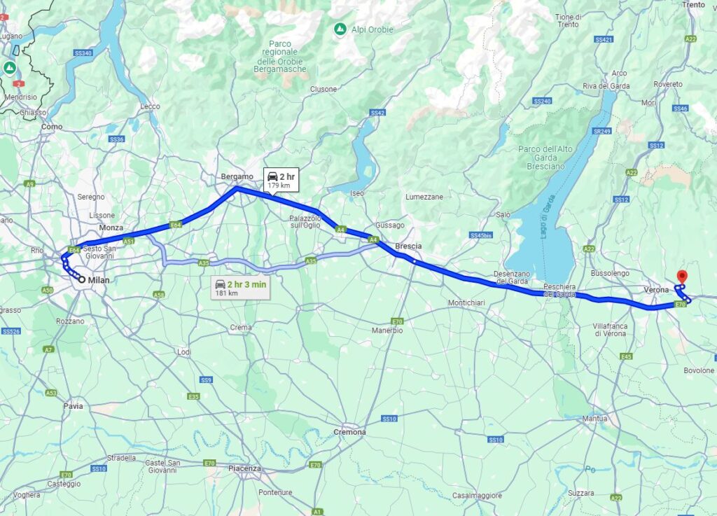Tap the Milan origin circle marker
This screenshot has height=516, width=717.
click(x=82, y=279)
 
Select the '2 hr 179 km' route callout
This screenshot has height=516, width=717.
click(x=280, y=180)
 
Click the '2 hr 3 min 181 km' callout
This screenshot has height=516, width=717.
click(x=240, y=288)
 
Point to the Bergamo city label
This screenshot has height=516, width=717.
click(x=236, y=176)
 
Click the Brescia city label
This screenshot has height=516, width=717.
click(x=408, y=246)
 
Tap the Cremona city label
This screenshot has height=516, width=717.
click(x=349, y=432)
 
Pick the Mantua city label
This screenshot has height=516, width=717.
click(x=594, y=419)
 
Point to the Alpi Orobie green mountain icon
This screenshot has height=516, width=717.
click(x=340, y=29)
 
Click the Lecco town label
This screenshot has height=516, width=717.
click(x=150, y=106)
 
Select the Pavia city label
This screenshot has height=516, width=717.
click(x=73, y=405)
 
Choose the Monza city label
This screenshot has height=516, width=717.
click(x=111, y=228)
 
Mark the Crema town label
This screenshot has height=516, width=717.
click(x=241, y=327)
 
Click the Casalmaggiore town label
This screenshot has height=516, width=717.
click(x=477, y=495)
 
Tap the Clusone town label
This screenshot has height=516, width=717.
click(x=323, y=89)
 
